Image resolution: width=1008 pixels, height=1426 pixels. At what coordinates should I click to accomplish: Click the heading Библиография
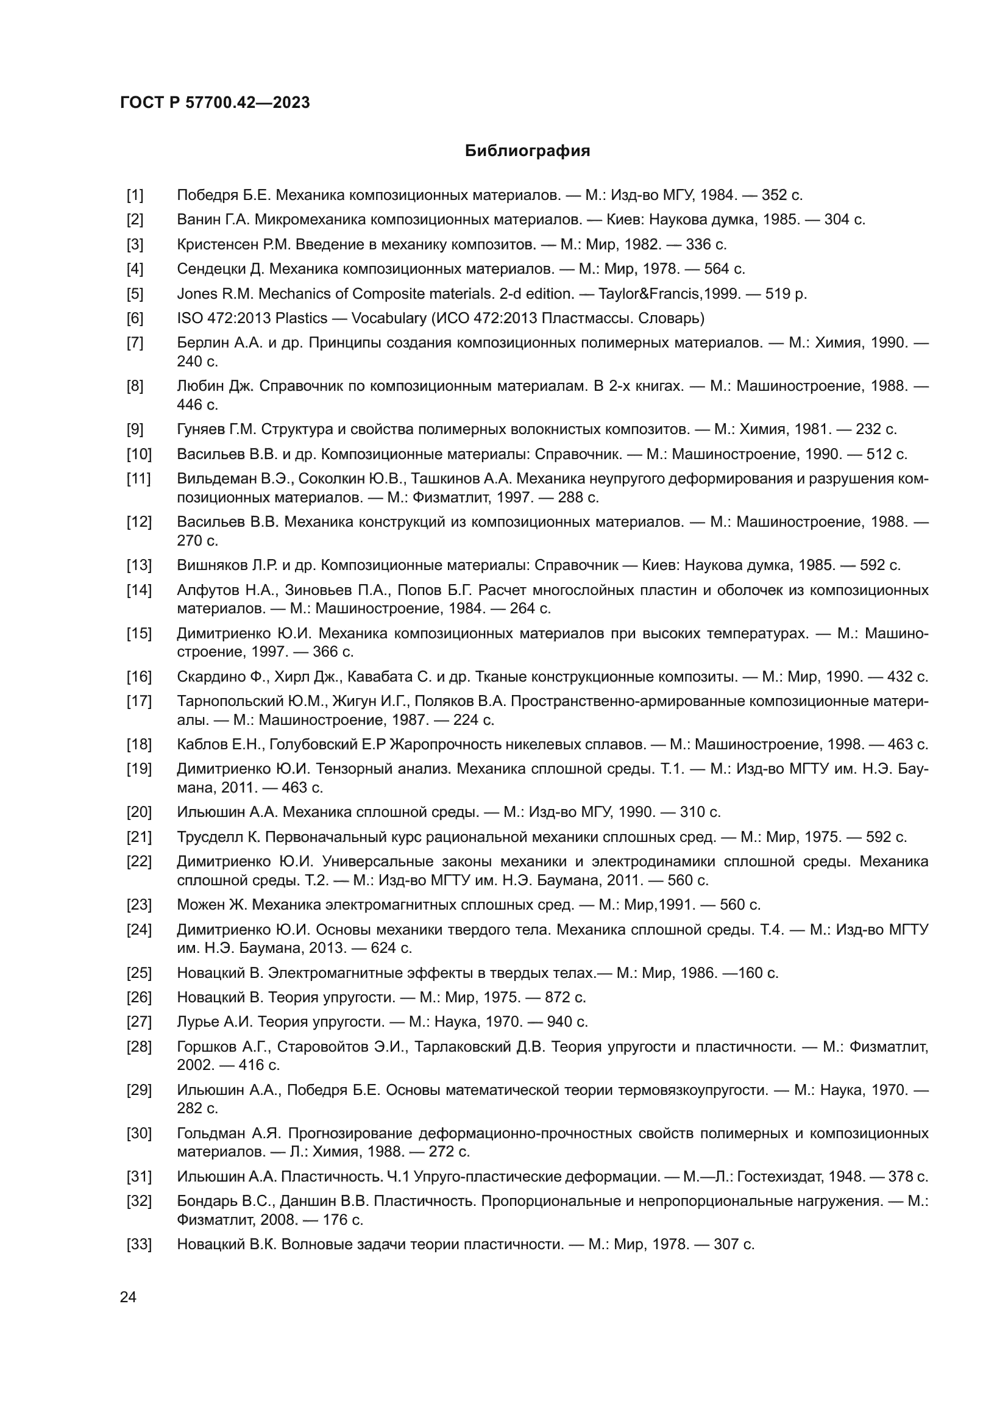(x=527, y=151)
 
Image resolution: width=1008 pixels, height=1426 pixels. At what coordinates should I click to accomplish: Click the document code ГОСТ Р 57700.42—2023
(x=215, y=103)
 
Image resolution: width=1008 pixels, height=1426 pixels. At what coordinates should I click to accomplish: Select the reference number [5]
(x=135, y=294)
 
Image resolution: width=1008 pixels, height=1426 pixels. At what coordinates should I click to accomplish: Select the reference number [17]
(x=138, y=701)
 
